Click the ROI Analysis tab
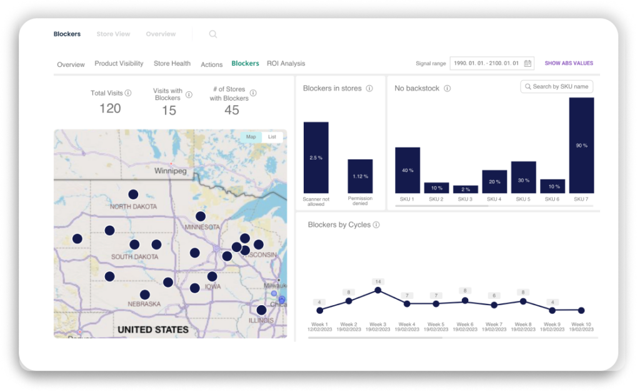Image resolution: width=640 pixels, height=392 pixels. point(286,63)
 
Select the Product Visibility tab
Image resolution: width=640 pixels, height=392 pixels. point(119,63)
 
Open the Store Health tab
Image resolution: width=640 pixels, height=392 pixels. point(172,63)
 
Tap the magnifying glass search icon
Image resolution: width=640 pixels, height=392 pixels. point(213,34)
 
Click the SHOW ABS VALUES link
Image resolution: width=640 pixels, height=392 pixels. point(569,63)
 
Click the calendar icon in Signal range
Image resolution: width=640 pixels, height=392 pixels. point(528,63)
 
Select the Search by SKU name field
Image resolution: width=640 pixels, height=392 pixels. point(557,86)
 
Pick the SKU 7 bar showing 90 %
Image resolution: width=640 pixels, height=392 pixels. point(581,145)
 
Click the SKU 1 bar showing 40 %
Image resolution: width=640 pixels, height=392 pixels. point(407,170)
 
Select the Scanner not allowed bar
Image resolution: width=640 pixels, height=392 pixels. point(316,158)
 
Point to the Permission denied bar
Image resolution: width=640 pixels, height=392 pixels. point(360,176)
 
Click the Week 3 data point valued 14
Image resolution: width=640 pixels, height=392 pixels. point(377,290)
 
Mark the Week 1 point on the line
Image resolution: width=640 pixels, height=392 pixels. point(320,310)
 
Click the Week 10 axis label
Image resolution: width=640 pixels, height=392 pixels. point(581,324)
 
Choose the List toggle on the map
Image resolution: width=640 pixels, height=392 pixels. point(272,136)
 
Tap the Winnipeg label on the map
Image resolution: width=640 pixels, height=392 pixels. point(171,171)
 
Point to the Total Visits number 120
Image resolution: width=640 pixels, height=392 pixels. point(110,108)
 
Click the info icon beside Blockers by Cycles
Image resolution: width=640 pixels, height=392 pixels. point(376,224)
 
